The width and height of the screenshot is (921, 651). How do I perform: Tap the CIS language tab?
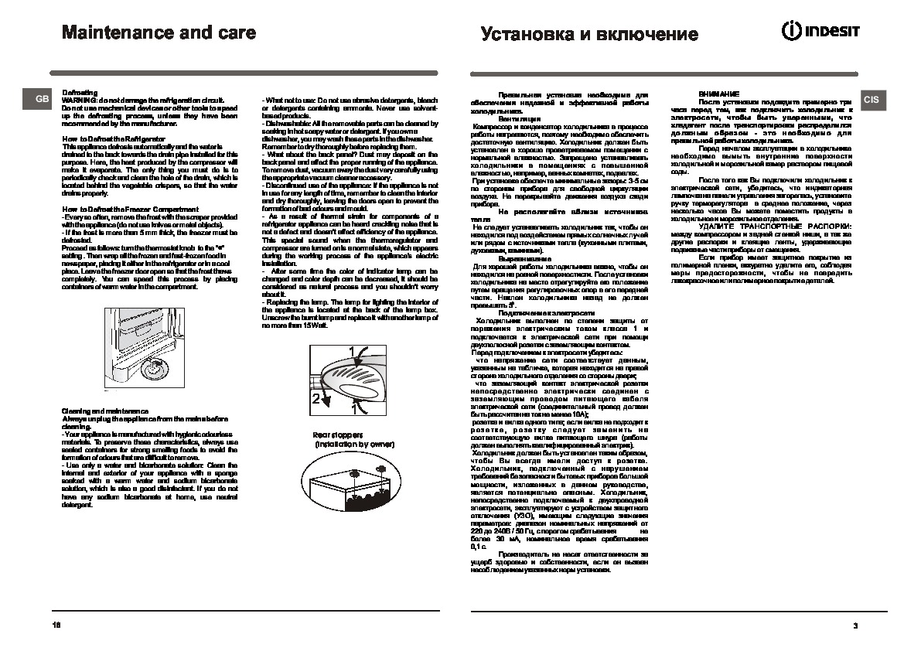point(871,99)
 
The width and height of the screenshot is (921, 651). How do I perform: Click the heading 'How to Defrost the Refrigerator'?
point(104,138)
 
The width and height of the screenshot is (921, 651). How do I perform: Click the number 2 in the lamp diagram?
point(316,399)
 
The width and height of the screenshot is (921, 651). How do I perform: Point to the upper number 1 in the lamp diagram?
point(352,351)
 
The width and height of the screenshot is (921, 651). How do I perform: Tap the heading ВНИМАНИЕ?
point(714,93)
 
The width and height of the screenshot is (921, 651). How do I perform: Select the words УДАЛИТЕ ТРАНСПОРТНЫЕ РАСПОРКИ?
point(765,224)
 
